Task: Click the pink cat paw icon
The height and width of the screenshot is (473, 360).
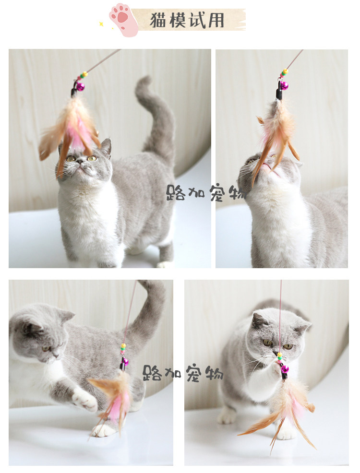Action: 123,20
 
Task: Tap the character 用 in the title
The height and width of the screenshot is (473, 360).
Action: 216,21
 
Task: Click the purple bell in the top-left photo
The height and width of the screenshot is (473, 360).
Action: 80,87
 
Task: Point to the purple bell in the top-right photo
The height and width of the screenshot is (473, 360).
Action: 284,86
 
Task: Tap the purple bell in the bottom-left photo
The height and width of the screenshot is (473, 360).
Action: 125,362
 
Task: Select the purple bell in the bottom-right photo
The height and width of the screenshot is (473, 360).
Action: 285,369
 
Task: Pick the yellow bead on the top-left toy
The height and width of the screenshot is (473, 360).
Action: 85,74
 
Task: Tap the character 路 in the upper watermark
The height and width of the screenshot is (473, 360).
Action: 175,193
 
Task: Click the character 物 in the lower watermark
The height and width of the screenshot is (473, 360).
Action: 214,374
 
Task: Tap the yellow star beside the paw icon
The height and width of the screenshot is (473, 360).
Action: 101,24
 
